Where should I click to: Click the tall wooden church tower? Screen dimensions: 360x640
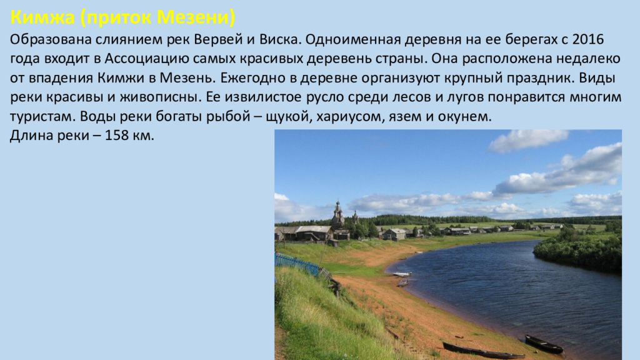[x=337, y=214]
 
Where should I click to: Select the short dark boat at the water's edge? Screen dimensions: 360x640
[x=544, y=344]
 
